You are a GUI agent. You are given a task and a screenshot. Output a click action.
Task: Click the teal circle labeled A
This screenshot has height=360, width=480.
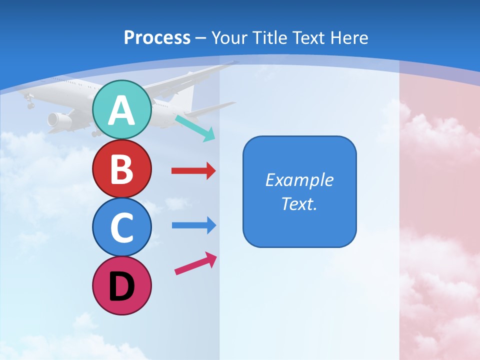[x=121, y=109]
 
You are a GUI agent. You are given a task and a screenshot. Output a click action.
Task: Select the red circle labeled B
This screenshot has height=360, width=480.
[x=121, y=168]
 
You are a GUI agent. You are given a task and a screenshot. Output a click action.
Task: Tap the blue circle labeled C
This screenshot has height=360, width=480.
[x=121, y=227]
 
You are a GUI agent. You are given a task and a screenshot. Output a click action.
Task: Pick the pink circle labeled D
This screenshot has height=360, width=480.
[x=121, y=285]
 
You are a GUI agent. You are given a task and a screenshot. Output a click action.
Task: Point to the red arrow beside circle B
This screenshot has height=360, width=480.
[x=193, y=171]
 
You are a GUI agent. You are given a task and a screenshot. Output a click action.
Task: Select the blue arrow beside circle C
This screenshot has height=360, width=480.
[x=193, y=225]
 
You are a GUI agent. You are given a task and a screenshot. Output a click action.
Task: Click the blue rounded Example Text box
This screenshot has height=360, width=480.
[x=299, y=191]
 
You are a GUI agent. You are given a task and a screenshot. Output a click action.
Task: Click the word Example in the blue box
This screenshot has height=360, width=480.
[x=299, y=180]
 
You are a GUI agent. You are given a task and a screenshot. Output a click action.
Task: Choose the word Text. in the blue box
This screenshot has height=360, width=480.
[x=299, y=203]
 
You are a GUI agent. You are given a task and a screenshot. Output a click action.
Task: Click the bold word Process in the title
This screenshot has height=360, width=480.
[x=157, y=37]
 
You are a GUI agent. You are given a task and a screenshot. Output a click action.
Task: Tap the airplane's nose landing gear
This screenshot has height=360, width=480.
[x=30, y=103]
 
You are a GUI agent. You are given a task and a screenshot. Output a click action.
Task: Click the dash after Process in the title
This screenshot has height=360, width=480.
[x=201, y=38]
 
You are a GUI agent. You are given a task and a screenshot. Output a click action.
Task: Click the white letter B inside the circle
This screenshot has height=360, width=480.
[x=121, y=168]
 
